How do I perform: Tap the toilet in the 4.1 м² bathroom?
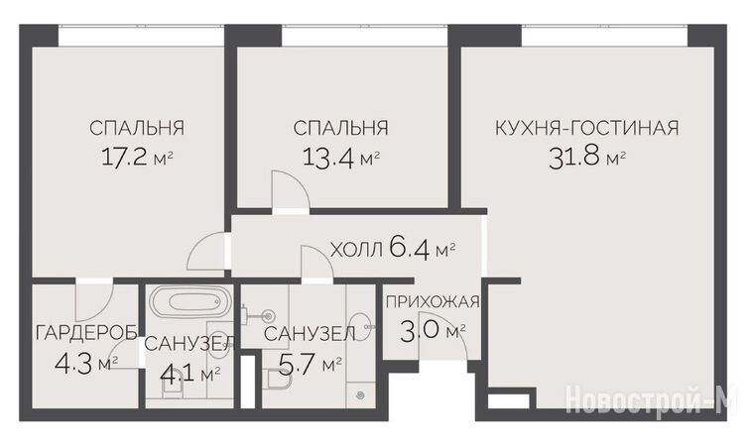coord(174,389)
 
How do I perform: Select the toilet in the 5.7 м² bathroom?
coord(279,382)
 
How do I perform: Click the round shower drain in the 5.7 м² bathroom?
coord(361,395)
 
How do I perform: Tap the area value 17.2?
coord(124,157)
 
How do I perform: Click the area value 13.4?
coord(328,157)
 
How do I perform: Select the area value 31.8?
coord(574,158)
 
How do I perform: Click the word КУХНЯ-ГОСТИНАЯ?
coord(586,128)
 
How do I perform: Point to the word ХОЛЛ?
coord(357,250)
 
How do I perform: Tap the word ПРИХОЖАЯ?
coord(433,302)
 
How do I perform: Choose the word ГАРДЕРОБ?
coord(86,332)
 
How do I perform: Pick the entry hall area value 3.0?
coord(420,331)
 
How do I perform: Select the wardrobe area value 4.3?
coord(75,365)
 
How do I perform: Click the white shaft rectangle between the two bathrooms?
coord(247,382)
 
